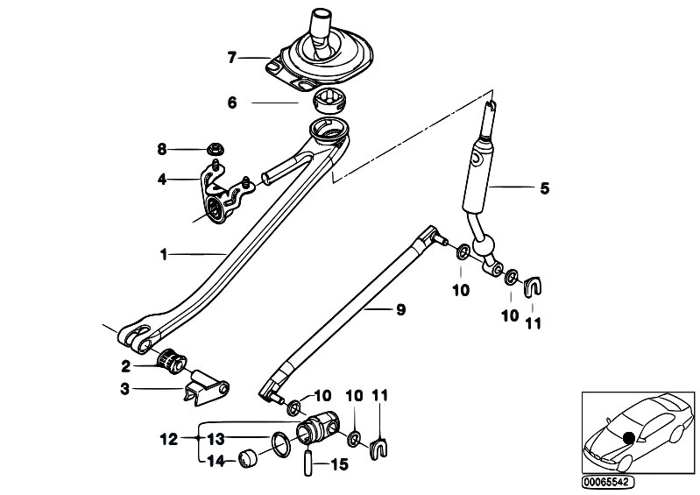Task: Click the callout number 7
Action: coord(231,58)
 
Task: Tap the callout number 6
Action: coord(232,103)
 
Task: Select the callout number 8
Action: coord(161,149)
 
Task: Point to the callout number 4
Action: coord(161,180)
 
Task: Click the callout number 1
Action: coord(164,254)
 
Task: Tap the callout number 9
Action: coord(401,309)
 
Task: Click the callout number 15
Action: coord(339,464)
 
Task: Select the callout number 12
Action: coord(169,439)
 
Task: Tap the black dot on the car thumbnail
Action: coord(629,438)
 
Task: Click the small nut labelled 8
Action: coord(216,149)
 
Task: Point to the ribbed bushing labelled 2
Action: coord(171,361)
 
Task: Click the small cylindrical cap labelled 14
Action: coord(248,459)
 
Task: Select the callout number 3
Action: coord(125,389)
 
